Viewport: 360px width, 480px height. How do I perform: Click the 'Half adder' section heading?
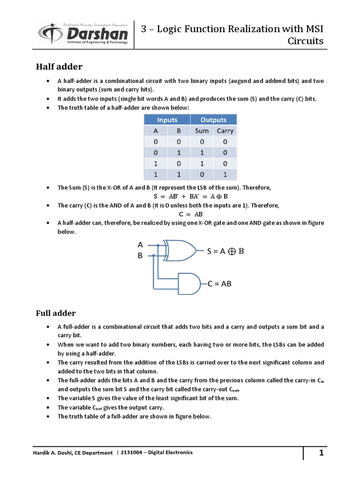click(59, 67)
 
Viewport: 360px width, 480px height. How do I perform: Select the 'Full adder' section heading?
click(56, 313)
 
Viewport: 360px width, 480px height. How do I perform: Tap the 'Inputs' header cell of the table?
click(167, 120)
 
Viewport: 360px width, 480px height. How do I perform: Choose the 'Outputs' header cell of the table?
click(213, 120)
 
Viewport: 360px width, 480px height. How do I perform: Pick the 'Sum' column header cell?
click(202, 131)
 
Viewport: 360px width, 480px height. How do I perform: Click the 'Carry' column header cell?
click(225, 131)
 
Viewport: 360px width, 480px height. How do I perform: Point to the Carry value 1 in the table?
click(225, 174)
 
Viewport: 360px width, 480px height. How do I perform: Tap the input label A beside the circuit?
click(140, 245)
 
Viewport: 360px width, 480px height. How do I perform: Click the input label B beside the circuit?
click(140, 256)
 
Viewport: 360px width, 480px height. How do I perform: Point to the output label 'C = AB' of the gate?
click(219, 284)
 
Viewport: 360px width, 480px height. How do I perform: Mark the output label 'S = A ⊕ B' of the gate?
click(225, 251)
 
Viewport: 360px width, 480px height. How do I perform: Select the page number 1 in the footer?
click(322, 453)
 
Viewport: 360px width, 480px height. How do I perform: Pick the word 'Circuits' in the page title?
click(305, 41)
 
